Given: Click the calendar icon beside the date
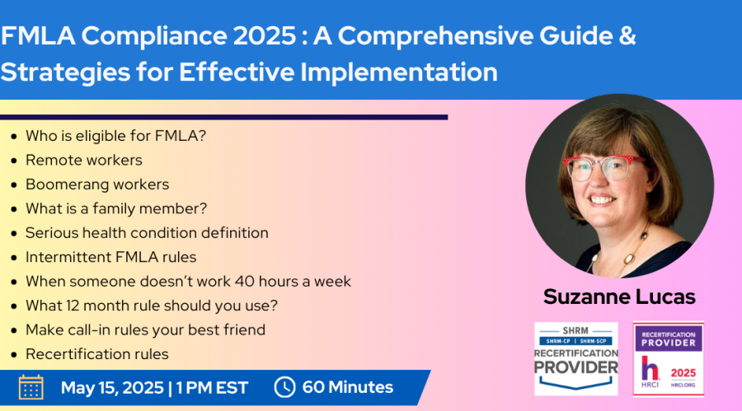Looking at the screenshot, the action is click(x=31, y=387).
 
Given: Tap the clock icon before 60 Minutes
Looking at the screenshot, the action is click(x=284, y=387).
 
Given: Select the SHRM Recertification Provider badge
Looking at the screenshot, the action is click(x=576, y=358).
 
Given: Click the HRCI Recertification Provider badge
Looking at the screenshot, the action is click(x=668, y=359).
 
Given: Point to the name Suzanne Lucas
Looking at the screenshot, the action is click(x=619, y=297).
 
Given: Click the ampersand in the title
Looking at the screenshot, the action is click(x=627, y=35).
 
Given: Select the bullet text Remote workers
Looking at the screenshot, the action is click(x=84, y=160).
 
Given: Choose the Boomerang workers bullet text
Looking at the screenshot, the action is click(x=97, y=184).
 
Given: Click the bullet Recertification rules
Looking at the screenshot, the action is click(x=97, y=354).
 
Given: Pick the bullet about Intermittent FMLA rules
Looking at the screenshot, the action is click(x=110, y=257).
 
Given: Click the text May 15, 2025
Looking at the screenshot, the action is click(x=112, y=387).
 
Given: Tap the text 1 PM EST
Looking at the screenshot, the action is click(x=212, y=387).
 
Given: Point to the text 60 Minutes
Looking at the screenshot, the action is click(x=348, y=387).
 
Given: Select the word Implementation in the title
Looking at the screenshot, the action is click(x=399, y=72).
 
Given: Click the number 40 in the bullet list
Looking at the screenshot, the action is click(x=245, y=282).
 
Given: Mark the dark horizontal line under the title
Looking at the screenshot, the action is click(x=223, y=117).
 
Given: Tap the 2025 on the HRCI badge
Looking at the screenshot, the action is click(x=683, y=373).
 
